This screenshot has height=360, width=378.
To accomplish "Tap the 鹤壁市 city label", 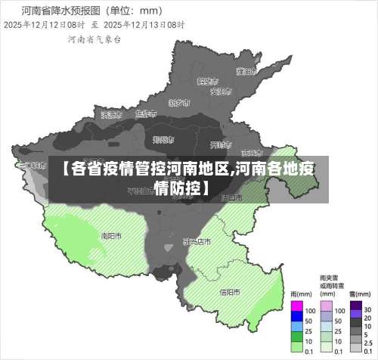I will pyautogui.click(x=207, y=80).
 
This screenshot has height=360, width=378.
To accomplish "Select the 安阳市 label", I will pyautogui.click(x=219, y=92).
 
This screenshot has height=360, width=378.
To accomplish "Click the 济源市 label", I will pyautogui.click(x=110, y=115).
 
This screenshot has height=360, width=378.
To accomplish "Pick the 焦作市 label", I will pyautogui.click(x=144, y=114).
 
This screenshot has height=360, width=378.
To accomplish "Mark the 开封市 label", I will pyautogui.click(x=220, y=144).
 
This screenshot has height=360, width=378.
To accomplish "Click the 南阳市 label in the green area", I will pyautogui.click(x=111, y=235).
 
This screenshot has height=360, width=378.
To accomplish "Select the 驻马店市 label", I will pyautogui.click(x=197, y=241).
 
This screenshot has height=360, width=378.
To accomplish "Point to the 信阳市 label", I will pyautogui.click(x=230, y=292).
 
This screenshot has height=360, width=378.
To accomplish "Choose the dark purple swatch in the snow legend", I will pyautogui.click(x=355, y=309).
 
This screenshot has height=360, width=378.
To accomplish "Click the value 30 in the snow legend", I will pyautogui.click(x=367, y=310).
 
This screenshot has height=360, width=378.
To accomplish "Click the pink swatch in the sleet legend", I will pyautogui.click(x=327, y=309).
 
